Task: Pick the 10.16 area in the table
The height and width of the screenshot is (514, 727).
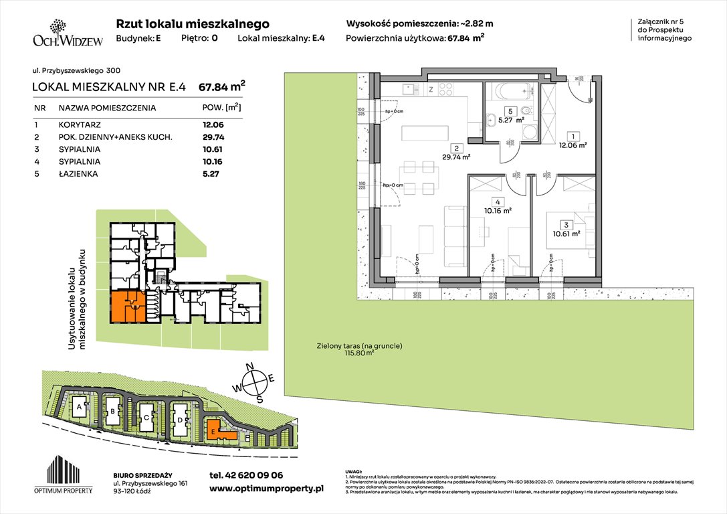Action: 213,161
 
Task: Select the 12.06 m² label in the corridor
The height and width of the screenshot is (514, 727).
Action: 573,144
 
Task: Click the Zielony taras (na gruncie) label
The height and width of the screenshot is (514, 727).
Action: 359,346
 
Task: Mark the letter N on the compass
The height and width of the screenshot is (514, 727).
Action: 250,365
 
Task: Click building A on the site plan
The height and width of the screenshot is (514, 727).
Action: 80,406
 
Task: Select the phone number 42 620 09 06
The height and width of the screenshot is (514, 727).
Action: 246,475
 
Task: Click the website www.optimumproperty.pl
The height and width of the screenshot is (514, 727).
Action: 266,489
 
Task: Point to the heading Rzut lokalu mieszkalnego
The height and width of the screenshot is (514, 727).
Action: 193,23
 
